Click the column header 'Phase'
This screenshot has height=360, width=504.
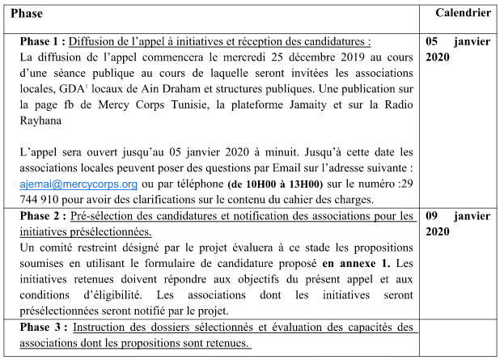[x=27, y=14]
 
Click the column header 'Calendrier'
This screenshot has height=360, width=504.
[x=463, y=14]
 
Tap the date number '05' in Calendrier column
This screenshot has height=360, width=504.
[x=433, y=40]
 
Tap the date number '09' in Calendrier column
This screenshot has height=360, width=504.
[x=433, y=216]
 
